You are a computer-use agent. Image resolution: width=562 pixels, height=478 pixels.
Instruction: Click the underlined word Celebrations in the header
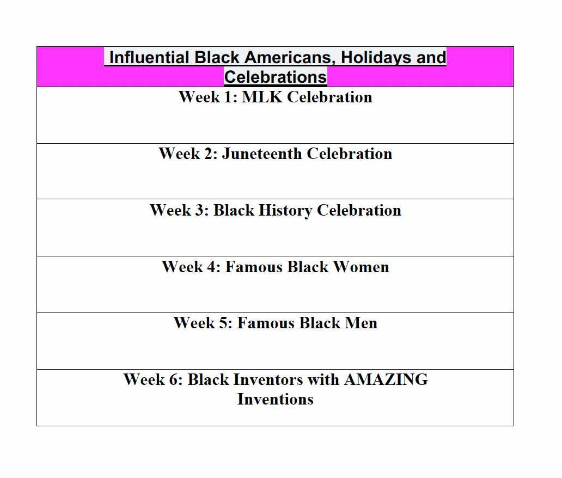coord(275,76)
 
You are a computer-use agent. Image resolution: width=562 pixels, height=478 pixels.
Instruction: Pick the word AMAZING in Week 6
coord(386,379)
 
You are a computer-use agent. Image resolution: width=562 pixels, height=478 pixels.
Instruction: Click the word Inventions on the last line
coord(275,399)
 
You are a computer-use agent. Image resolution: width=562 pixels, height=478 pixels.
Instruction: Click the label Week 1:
coord(208,97)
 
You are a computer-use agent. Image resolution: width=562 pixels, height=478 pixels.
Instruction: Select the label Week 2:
coord(188,154)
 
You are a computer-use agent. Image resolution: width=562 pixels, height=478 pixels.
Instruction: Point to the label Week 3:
coord(179,210)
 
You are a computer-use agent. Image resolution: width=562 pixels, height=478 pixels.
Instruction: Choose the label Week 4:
coord(191,267)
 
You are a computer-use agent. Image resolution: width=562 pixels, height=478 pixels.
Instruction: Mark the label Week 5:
coord(203,323)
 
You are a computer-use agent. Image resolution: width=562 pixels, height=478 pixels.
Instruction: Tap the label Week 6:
coord(153,379)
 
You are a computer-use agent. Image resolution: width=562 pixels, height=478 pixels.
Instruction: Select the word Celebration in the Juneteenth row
coord(350,154)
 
